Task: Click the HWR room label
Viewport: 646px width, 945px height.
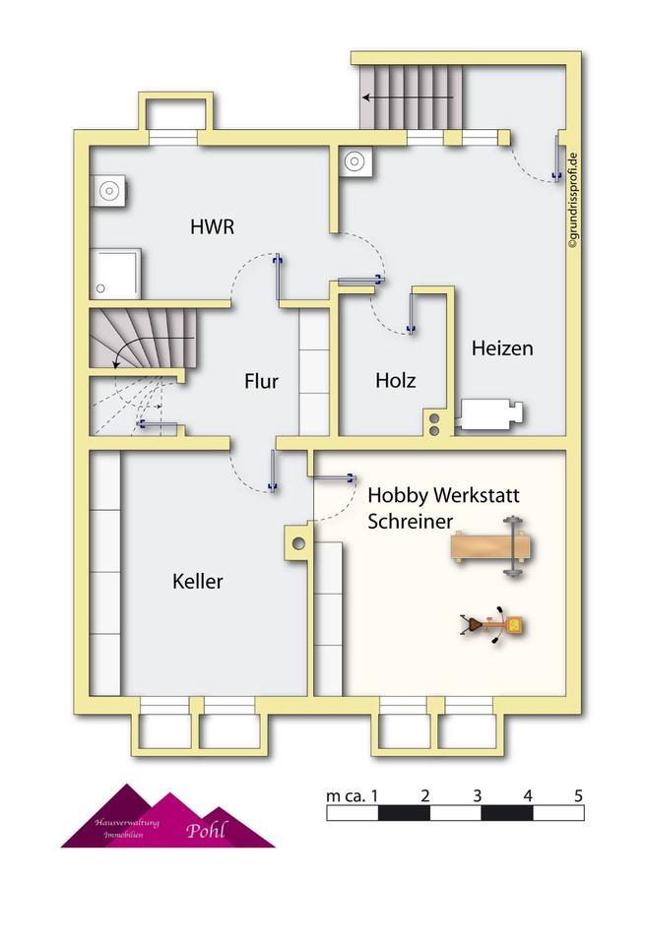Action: pos(212,226)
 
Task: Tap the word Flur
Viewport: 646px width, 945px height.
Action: pos(261,382)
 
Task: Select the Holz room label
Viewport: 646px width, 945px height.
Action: pos(395,380)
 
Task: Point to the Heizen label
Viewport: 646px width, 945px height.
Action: pos(502,348)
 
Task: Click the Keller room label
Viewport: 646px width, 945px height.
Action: pos(197,582)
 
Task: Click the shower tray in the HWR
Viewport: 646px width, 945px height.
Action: pos(115,273)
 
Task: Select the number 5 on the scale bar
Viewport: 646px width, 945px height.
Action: pos(579,795)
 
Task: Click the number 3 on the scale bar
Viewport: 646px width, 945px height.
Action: pos(477,795)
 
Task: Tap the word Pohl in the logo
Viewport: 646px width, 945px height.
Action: pos(206,830)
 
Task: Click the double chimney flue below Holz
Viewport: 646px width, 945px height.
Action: pos(433,421)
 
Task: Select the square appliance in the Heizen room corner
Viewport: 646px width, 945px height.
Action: pos(355,162)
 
